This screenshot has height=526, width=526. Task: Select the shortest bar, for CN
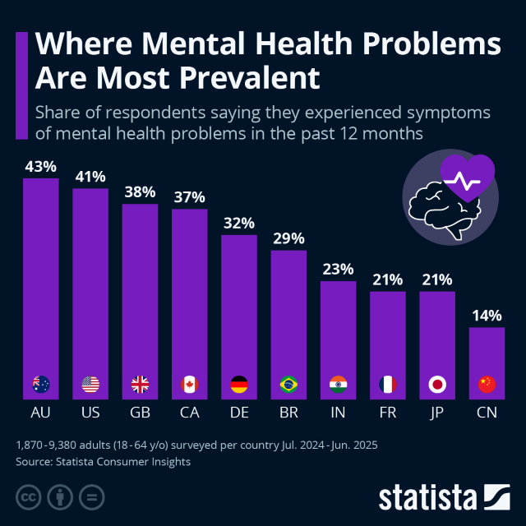coord(487,353)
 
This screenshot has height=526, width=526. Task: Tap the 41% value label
coord(90,176)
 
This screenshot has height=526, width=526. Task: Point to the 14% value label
coord(487,315)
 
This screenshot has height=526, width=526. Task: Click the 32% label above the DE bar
coord(239,223)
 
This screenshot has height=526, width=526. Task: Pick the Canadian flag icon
coord(189,384)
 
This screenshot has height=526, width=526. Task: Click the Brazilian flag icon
coord(288,384)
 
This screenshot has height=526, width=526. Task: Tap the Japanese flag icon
coord(437,384)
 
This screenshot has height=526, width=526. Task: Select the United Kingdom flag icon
coord(140,384)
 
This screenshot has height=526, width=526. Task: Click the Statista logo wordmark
coord(427,497)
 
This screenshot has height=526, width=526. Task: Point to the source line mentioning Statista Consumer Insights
coord(103,462)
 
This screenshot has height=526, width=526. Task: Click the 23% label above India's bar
coord(338,269)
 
